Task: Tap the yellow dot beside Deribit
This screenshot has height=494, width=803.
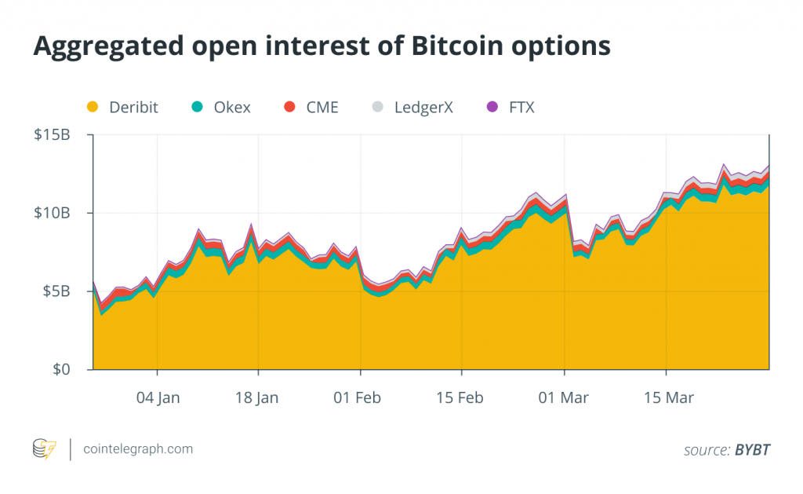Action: (93, 107)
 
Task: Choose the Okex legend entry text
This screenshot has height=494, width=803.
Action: (232, 107)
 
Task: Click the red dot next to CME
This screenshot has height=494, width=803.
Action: (289, 107)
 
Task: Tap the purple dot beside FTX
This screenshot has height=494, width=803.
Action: (492, 107)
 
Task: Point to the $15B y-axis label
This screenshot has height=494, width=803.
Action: (52, 135)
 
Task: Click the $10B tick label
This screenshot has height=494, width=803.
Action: (52, 213)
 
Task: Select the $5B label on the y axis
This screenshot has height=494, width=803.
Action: (56, 291)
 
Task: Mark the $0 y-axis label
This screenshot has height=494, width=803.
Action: (61, 369)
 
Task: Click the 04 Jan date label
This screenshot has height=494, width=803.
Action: (158, 398)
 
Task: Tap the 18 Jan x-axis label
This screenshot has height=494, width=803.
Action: (256, 398)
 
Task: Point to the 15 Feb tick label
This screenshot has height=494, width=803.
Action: (461, 398)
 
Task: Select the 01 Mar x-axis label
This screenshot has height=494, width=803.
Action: (564, 398)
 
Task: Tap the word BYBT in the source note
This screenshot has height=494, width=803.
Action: (752, 450)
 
